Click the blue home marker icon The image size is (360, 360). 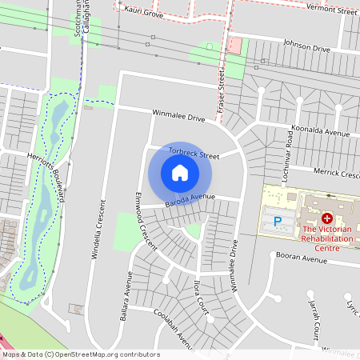(x=180, y=173)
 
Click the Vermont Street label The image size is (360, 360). (x=331, y=10)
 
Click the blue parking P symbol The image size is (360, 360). (x=278, y=221)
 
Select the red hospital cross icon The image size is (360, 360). (x=326, y=218)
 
